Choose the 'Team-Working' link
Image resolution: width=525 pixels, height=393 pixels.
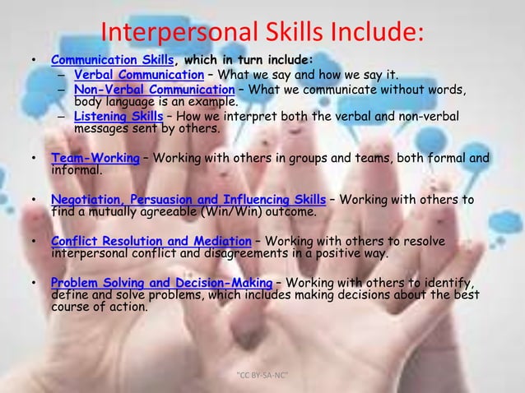coord(95,159)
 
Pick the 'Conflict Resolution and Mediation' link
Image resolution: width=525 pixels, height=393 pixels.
coord(151,241)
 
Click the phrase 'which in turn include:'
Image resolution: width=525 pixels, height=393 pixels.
coord(248,60)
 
